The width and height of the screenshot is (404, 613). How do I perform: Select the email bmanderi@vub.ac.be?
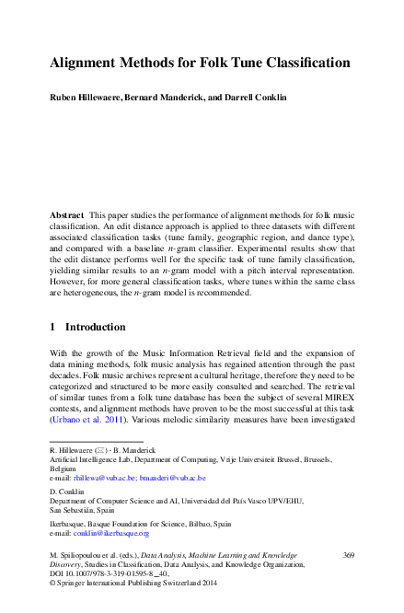pyautogui.click(x=176, y=479)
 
